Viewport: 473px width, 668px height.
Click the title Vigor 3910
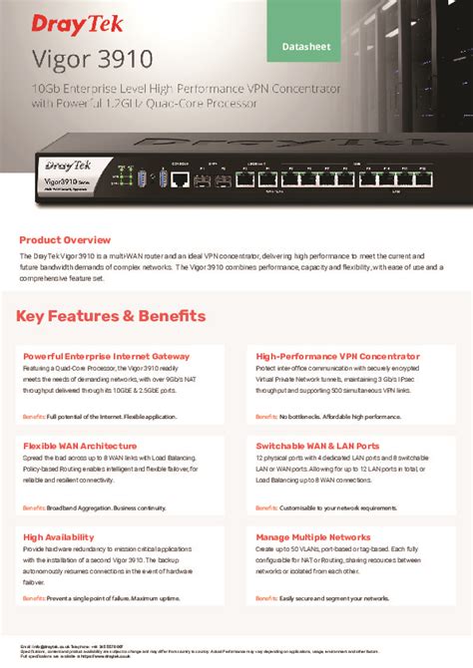click(x=75, y=59)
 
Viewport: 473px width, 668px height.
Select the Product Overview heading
click(x=65, y=239)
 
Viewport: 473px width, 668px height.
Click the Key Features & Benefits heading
click(x=112, y=316)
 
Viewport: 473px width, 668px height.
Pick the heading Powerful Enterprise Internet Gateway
click(x=106, y=355)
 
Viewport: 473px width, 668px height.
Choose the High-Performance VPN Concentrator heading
click(x=337, y=355)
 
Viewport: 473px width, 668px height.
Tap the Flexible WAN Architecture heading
click(x=80, y=446)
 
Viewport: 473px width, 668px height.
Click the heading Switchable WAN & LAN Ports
click(x=317, y=446)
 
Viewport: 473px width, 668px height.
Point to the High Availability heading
click(x=59, y=535)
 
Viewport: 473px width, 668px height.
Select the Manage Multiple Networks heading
click(x=314, y=535)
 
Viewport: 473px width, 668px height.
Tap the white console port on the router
click(x=181, y=179)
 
